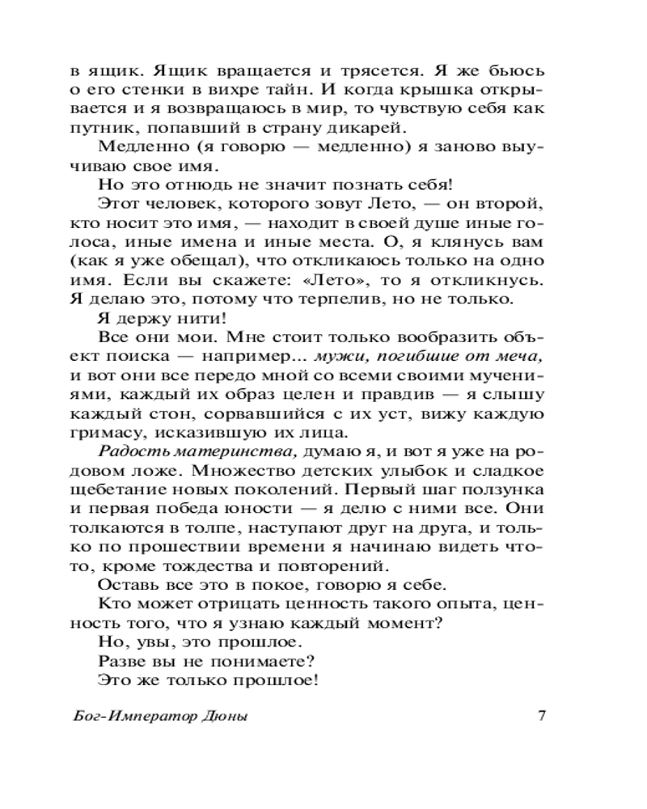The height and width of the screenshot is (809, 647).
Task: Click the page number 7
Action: [543, 716]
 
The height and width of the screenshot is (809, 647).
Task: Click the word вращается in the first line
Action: [229, 70]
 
